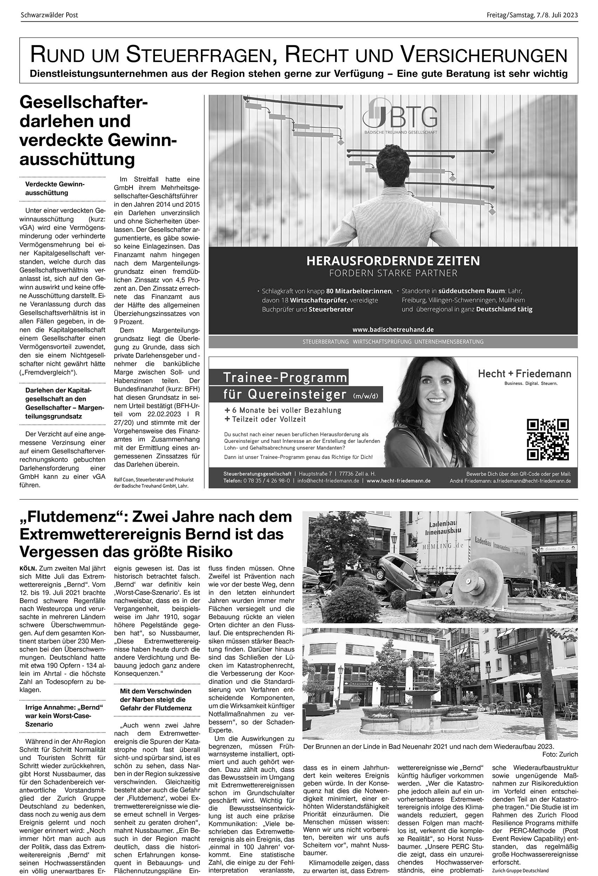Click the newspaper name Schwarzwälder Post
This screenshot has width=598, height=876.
(x=49, y=15)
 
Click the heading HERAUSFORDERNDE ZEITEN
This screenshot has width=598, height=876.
(x=393, y=261)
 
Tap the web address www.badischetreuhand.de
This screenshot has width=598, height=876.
(x=393, y=329)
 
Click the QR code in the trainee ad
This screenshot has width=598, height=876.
(x=548, y=440)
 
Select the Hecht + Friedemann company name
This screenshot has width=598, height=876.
(x=524, y=374)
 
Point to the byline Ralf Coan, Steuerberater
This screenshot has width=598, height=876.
(x=154, y=479)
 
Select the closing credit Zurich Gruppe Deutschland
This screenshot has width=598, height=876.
(x=520, y=870)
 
